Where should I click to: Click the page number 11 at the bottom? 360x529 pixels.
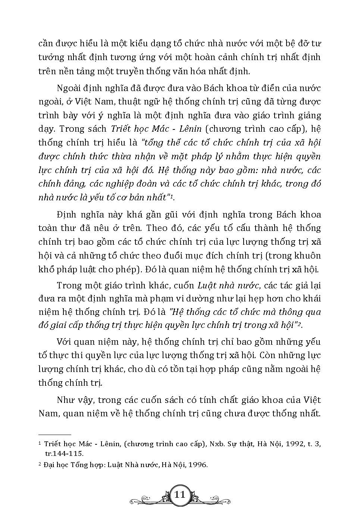click(x=180, y=495)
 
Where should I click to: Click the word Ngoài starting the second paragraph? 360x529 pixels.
click(x=68, y=88)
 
